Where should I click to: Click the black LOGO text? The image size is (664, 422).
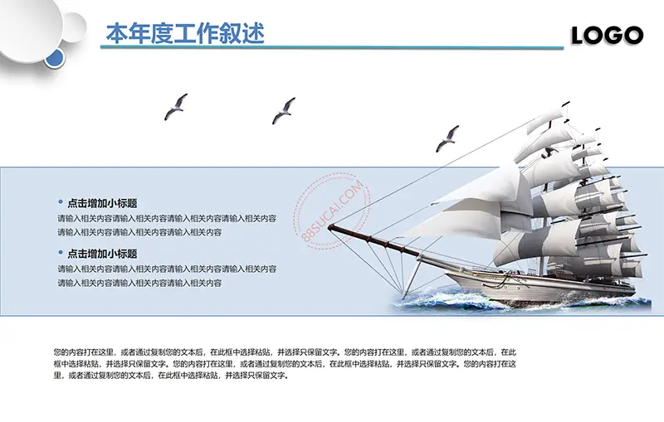[x=607, y=36]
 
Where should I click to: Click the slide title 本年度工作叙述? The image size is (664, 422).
[x=185, y=33]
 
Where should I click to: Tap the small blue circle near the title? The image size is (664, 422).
[x=55, y=58]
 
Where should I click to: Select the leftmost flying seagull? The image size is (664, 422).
[x=176, y=107]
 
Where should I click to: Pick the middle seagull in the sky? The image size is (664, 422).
[x=283, y=110]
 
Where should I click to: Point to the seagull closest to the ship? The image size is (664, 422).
[x=447, y=138]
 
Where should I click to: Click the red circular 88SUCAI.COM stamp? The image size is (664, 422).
[x=331, y=210]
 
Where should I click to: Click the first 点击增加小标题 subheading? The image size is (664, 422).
[x=102, y=203]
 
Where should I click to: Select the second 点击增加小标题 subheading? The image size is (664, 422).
[x=102, y=254]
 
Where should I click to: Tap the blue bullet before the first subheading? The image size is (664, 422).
[x=61, y=202]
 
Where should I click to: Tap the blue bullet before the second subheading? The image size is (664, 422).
[x=61, y=252]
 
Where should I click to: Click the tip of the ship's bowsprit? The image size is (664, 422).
[x=329, y=227]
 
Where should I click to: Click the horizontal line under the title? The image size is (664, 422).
[x=331, y=47]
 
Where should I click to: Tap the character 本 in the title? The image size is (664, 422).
[x=117, y=33]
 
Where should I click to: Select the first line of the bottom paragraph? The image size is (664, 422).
[x=285, y=352]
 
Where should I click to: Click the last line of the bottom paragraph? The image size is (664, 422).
[x=172, y=375]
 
